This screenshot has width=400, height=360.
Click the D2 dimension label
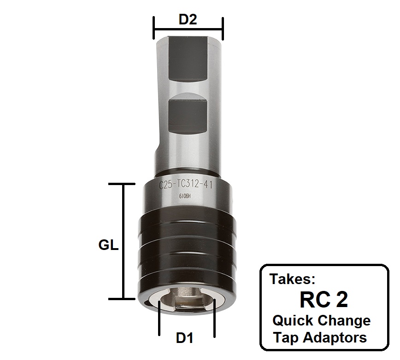point(188,20)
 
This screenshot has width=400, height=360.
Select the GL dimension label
point(109,245)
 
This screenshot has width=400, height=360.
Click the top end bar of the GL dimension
point(123,184)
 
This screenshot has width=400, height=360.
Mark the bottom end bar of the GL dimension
point(123,299)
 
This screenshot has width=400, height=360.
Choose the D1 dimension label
point(184,338)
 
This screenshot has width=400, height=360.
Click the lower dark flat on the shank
point(188,115)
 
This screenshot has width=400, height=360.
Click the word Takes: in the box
point(292,279)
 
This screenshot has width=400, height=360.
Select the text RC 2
point(324,300)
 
